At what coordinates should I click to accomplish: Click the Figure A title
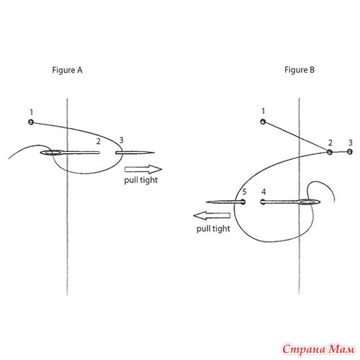[67, 71]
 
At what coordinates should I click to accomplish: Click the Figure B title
[300, 70]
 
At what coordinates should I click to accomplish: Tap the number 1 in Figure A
[32, 112]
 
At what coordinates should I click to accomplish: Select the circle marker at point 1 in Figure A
[31, 122]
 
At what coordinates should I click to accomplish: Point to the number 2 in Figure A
[98, 141]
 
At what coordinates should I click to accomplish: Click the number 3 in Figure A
[121, 140]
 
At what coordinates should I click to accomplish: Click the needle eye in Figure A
[52, 153]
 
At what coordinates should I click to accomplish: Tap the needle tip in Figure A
[154, 153]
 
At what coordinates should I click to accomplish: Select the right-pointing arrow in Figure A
[143, 169]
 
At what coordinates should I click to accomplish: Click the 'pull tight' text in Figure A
[141, 180]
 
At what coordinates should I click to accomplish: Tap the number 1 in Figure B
[264, 111]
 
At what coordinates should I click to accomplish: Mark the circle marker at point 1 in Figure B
[263, 122]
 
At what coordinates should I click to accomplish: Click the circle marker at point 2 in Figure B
[330, 152]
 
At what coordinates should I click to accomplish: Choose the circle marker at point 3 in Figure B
[350, 152]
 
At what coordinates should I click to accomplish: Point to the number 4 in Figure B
[264, 192]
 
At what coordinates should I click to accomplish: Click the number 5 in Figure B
[244, 192]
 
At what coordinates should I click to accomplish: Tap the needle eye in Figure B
[309, 202]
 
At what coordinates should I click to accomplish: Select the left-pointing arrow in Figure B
[212, 215]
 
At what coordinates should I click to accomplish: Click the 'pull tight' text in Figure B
[213, 228]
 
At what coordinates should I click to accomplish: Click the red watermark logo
[318, 349]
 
